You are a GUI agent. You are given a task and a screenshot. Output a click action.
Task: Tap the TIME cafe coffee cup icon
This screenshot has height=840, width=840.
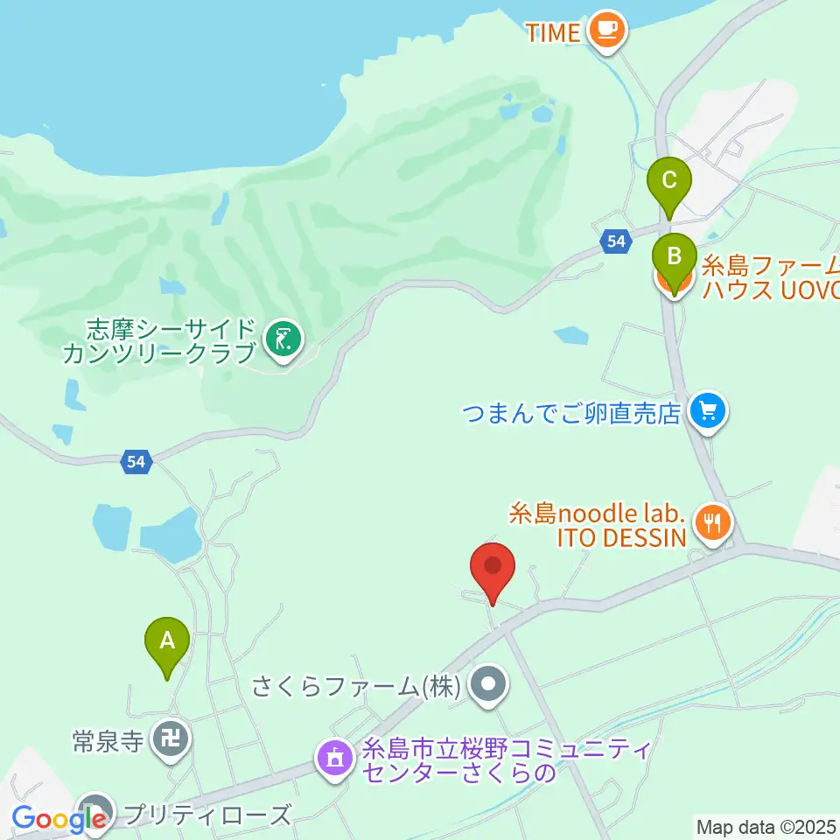click(606, 31)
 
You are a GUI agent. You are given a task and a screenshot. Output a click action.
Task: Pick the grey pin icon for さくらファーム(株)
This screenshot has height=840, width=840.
click(488, 686)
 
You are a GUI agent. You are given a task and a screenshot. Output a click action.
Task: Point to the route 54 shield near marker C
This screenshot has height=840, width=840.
click(617, 241)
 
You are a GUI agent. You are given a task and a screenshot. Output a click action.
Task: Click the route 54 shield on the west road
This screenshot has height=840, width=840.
click(135, 462)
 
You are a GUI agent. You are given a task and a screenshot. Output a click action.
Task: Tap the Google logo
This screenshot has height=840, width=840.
click(58, 819)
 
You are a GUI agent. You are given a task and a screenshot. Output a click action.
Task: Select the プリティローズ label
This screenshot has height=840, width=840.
click(207, 815)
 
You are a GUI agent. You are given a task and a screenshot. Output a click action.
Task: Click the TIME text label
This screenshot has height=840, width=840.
click(553, 32)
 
